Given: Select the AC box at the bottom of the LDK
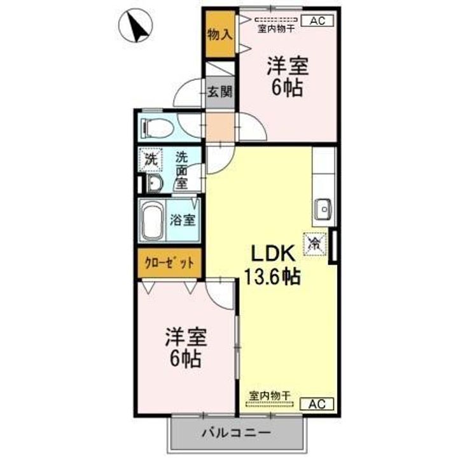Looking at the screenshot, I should click(321, 402).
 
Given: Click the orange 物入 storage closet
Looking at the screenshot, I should click(219, 34).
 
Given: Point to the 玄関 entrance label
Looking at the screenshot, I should click(219, 91).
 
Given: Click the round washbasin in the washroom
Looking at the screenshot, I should click(153, 184).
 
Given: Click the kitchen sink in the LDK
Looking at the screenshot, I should click(323, 208).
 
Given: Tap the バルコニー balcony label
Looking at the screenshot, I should click(237, 434).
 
